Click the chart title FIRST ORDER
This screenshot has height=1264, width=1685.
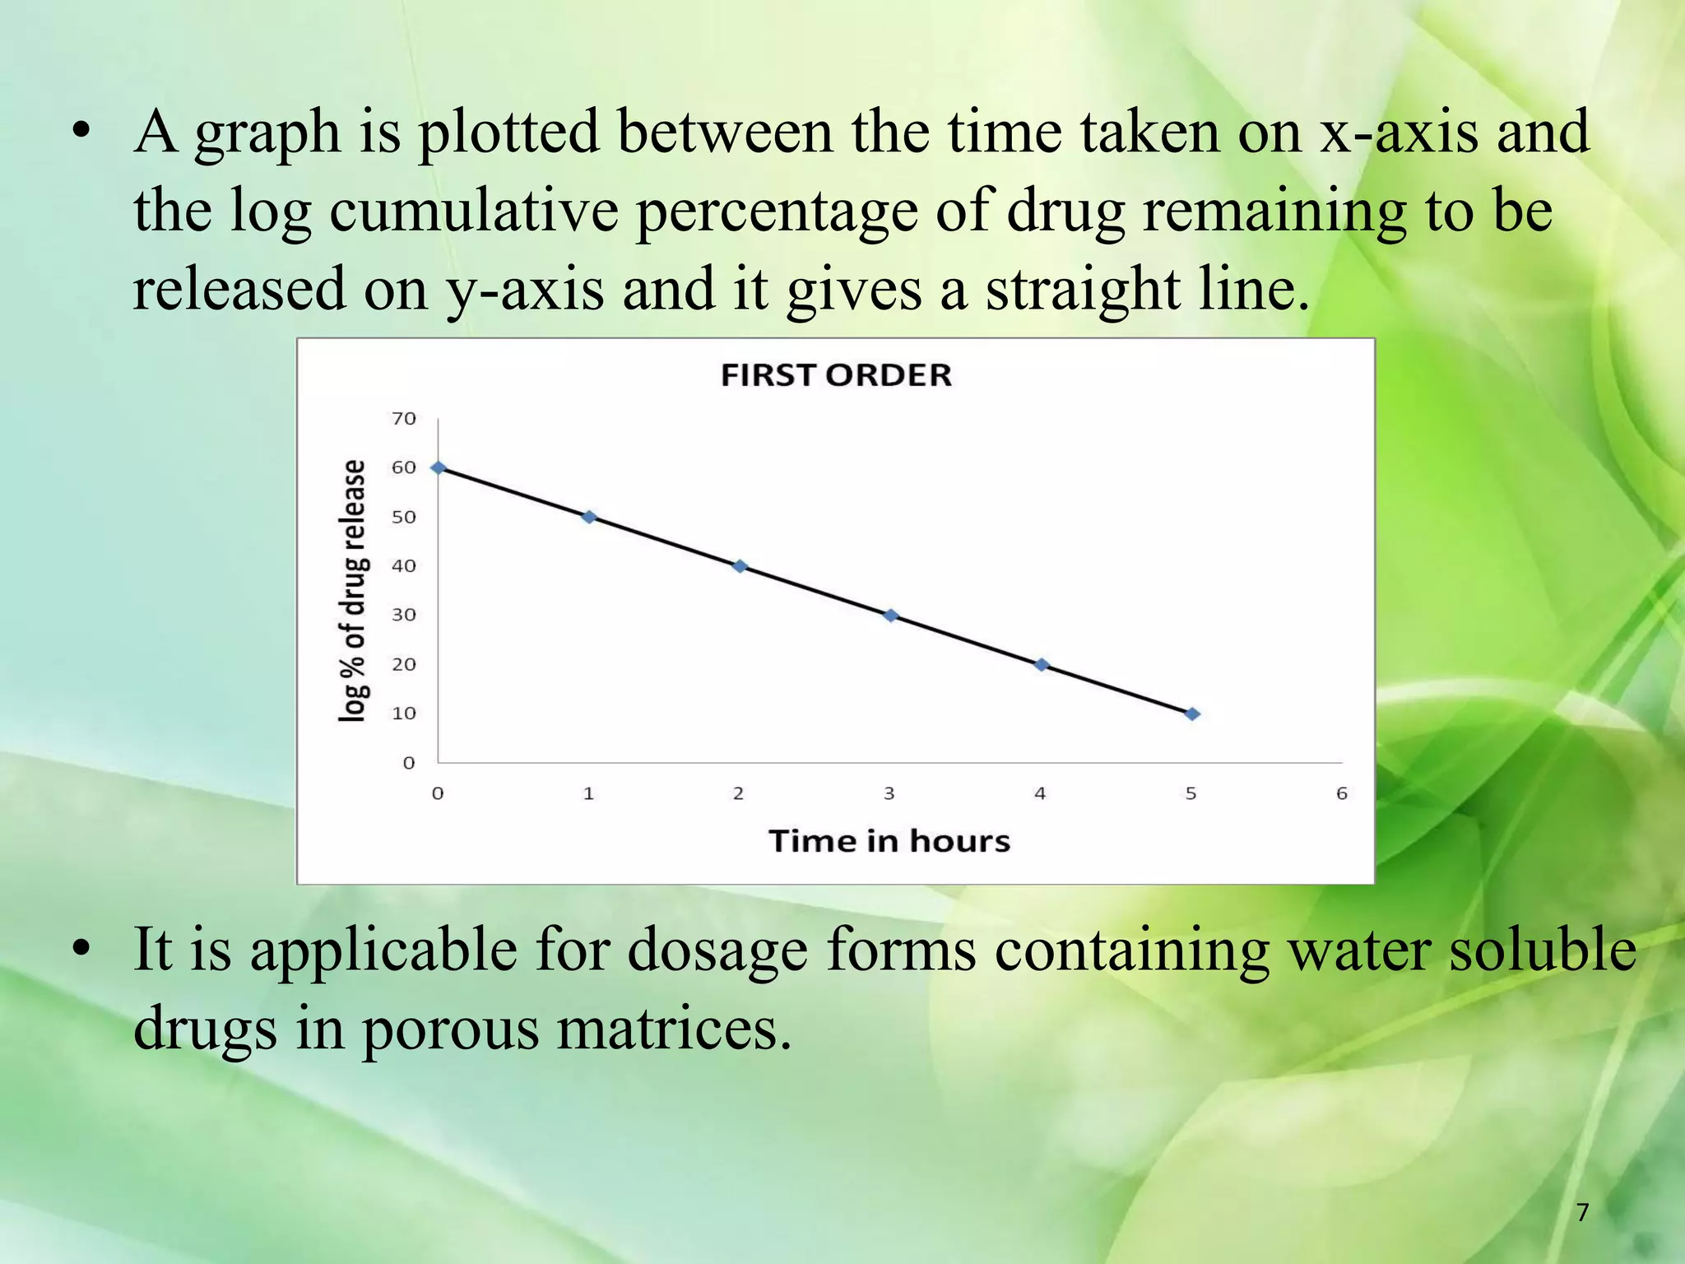[x=836, y=375]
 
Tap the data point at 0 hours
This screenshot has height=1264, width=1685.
[x=439, y=467]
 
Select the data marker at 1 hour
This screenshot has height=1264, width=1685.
[x=589, y=517]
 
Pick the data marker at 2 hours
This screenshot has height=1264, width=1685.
[x=740, y=566]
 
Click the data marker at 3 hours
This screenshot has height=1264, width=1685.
[x=890, y=616]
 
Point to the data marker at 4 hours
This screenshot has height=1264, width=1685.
[x=1042, y=665]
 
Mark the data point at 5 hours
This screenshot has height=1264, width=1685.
[x=1192, y=714]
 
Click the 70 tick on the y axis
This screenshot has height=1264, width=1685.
[x=404, y=419]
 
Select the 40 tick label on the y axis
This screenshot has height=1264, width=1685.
[x=404, y=566]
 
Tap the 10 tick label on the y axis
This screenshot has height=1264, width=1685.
[x=404, y=713]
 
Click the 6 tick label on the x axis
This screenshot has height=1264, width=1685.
[x=1342, y=793]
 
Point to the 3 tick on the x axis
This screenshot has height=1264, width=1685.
[x=889, y=793]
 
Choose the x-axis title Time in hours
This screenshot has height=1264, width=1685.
[x=889, y=841]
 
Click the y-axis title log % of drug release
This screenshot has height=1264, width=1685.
[x=353, y=591]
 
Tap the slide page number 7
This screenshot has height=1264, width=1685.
[x=1582, y=1212]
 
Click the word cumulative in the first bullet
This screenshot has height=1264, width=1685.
[x=474, y=211]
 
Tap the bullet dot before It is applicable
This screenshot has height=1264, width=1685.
[x=80, y=951]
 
